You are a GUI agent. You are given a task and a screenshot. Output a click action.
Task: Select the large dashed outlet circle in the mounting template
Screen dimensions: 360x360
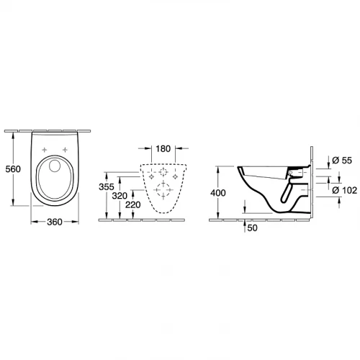click(x=163, y=190)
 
